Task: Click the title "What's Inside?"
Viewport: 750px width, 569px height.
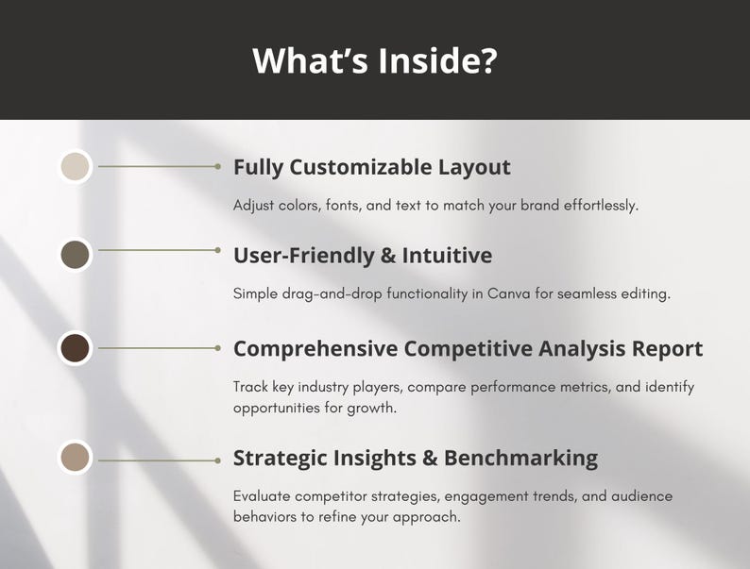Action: [x=375, y=60]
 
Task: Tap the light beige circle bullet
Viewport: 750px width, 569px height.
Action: [x=75, y=166]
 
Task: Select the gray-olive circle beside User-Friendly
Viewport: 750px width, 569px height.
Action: [x=75, y=254]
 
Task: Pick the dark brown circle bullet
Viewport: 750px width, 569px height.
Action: [x=75, y=348]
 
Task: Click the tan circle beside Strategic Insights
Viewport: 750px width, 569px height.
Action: [x=75, y=458]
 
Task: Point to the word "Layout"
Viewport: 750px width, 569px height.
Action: [x=474, y=168]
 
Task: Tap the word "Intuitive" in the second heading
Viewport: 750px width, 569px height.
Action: [x=447, y=256]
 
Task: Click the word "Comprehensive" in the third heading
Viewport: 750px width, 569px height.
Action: [x=315, y=349]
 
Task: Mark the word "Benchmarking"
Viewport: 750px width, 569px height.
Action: [x=520, y=459]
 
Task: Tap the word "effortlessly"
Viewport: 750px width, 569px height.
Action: [x=593, y=205]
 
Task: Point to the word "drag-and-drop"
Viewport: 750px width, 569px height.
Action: [x=326, y=293]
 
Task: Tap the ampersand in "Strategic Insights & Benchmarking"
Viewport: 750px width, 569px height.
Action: [x=430, y=459]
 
